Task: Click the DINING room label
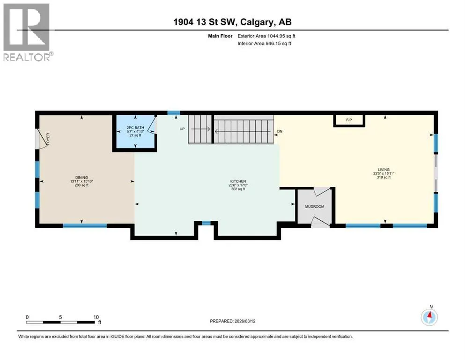[81, 178]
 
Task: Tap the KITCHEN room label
[238, 181]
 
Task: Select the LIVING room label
[384, 170]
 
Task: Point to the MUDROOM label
[315, 207]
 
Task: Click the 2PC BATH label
[135, 127]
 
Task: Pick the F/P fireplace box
[349, 120]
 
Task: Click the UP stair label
[182, 129]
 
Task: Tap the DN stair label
[280, 131]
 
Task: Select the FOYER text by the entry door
[48, 139]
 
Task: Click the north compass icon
[429, 317]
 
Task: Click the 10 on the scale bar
[96, 317]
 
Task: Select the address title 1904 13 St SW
[205, 22]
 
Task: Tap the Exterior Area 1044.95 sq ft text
[266, 36]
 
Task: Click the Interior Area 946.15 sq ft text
[264, 43]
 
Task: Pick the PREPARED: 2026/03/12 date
[232, 321]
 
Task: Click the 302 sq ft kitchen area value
[238, 189]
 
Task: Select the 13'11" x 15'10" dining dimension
[81, 181]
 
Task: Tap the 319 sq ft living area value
[384, 178]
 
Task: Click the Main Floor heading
[220, 36]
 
